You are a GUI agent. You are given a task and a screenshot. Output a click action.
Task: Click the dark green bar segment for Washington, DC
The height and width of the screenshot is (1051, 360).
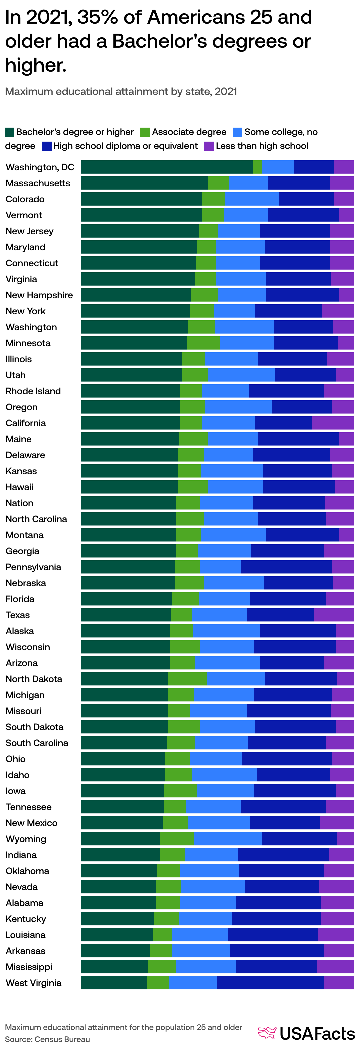coord(167,167)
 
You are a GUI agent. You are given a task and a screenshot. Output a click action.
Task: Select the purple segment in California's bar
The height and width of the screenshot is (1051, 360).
coord(333,423)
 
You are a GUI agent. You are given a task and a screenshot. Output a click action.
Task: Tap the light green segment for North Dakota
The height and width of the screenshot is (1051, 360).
coord(187,678)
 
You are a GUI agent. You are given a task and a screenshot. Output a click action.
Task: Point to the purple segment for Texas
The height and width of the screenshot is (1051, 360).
coord(334,614)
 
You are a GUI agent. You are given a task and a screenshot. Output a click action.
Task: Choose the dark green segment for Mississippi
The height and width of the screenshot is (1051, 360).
coord(114,967)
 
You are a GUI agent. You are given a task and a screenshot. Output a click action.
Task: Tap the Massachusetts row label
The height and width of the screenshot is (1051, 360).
coord(38,183)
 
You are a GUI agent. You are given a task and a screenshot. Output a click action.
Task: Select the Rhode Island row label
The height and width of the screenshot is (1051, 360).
coord(33,391)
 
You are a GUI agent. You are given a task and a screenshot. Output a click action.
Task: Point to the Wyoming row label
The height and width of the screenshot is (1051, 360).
coord(26,838)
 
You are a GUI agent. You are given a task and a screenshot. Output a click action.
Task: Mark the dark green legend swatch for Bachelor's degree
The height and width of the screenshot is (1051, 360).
coord(9,132)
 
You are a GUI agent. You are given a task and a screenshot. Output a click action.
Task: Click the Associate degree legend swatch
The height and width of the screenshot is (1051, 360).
coord(145,132)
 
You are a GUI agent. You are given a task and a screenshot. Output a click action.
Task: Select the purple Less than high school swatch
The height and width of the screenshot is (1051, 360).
coord(209,146)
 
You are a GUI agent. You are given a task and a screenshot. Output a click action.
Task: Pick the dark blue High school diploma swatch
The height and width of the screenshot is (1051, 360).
coord(47,146)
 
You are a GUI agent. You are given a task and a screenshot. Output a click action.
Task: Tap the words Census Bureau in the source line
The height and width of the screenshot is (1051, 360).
coord(62,1039)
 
